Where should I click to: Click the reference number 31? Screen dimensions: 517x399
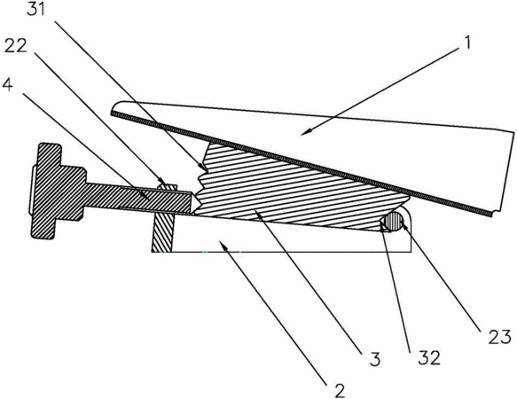35,9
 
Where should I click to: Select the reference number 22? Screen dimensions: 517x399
15,46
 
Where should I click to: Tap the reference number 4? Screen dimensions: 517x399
7,85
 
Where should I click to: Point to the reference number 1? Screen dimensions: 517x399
466,43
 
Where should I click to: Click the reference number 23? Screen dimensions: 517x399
499,337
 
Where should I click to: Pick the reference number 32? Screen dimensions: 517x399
429,357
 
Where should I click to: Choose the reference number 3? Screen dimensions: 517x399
375,359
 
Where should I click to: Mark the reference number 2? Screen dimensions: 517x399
340,390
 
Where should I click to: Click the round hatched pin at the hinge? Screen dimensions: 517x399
395,221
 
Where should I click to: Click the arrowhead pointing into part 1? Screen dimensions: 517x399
305,133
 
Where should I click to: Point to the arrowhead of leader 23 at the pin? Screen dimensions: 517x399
403,225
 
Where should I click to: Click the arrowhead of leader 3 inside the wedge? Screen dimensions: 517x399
259,214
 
